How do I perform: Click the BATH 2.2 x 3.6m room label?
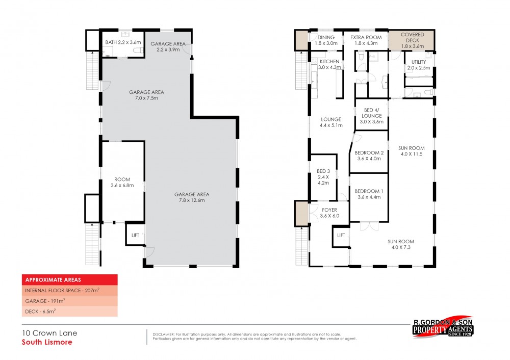pyautogui.click(x=121, y=42)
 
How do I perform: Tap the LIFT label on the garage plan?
pyautogui.click(x=135, y=235)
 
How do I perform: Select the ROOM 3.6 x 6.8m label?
pyautogui.click(x=122, y=183)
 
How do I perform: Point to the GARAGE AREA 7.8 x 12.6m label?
pyautogui.click(x=192, y=197)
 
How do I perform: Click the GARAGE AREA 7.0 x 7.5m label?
pyautogui.click(x=146, y=95)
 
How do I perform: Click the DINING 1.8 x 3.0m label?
pyautogui.click(x=326, y=40)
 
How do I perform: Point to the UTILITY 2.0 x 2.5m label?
pyautogui.click(x=419, y=64)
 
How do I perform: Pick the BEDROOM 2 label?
pyautogui.click(x=369, y=156)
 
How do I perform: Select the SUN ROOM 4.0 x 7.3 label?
pyautogui.click(x=400, y=244)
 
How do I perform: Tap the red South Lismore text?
pyautogui.click(x=46, y=342)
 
